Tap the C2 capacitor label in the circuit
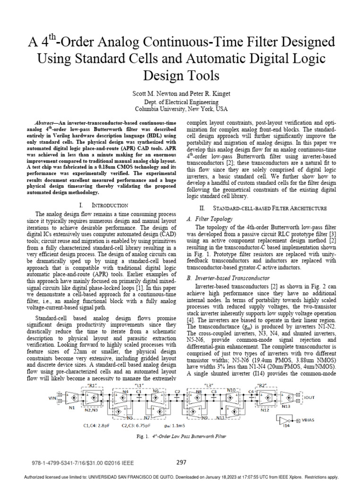click(177, 391)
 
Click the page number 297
click(181, 462)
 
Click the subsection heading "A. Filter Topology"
click(210, 219)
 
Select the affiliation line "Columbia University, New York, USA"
click(181, 109)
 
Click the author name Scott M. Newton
click(155, 94)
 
